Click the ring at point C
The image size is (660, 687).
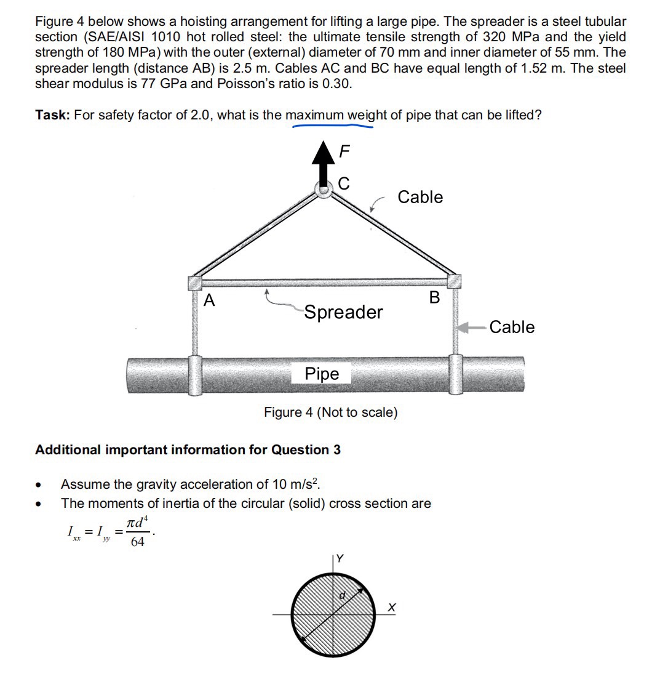pos(324,190)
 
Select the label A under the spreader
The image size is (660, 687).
pos(210,300)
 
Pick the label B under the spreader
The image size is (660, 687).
pos(435,298)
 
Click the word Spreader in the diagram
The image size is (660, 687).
pos(343,312)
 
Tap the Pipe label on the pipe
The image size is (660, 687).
pos(322,374)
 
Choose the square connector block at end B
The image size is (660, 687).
pos(454,281)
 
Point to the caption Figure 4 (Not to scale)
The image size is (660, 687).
pos(330,412)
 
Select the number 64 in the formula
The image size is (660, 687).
pos(138,542)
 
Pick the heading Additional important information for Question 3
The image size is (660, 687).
pos(188,450)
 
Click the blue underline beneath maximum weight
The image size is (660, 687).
pos(333,127)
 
